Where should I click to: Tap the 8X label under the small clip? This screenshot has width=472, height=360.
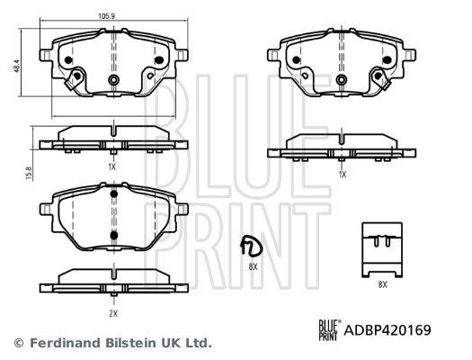click(253, 267)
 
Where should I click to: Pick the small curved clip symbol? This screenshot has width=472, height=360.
click(247, 246)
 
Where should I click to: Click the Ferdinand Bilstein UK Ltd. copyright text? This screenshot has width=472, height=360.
click(113, 343)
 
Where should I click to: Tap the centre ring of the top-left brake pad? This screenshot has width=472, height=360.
click(113, 81)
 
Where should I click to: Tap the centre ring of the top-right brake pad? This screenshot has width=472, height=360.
click(343, 80)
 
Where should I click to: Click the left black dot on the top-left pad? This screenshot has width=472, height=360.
click(68, 61)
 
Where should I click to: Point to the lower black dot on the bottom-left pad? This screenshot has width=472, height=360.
click(112, 236)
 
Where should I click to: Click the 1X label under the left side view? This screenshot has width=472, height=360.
click(112, 167)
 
